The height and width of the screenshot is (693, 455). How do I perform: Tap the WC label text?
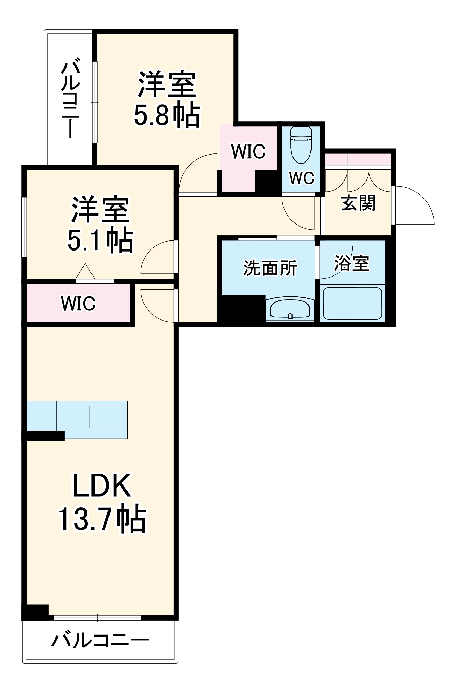[x=301, y=178]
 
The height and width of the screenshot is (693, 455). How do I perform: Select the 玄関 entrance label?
[x=358, y=203]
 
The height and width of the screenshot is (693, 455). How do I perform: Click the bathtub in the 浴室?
[x=352, y=302]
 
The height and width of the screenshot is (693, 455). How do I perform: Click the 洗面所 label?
[x=270, y=268]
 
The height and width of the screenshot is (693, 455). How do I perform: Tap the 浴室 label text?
[x=351, y=263]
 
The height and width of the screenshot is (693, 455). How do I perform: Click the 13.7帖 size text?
[x=102, y=519]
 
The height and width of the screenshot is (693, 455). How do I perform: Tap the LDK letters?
[x=102, y=486]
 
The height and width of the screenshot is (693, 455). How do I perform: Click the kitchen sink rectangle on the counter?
[x=105, y=417]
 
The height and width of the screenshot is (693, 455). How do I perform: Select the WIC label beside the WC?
[x=248, y=151]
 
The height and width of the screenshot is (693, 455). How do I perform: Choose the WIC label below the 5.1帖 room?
[x=78, y=304]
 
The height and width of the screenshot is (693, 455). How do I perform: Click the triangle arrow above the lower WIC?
[x=85, y=271]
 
